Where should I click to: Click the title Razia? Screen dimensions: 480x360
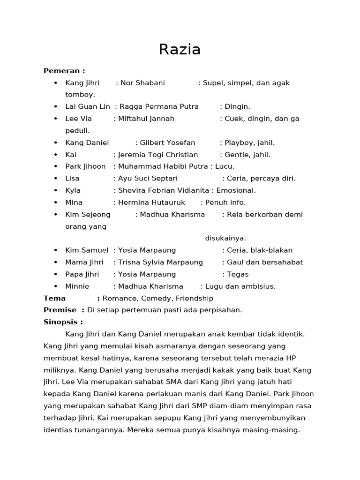point(180,49)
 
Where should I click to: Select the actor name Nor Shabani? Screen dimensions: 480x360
point(142,83)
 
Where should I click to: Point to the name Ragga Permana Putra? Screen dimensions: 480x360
point(159,107)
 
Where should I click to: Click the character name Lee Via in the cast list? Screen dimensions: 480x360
point(79,119)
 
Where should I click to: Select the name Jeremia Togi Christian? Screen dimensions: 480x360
point(158,155)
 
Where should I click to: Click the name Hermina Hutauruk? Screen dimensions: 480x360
point(151,202)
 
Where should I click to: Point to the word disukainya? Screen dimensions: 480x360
point(225,238)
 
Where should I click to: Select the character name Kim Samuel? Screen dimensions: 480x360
point(87,250)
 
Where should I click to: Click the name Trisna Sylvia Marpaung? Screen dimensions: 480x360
point(160,262)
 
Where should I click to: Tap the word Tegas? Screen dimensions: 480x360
point(238,274)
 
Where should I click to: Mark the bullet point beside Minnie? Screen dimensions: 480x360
point(55,286)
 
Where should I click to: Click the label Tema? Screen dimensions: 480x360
point(54,298)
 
